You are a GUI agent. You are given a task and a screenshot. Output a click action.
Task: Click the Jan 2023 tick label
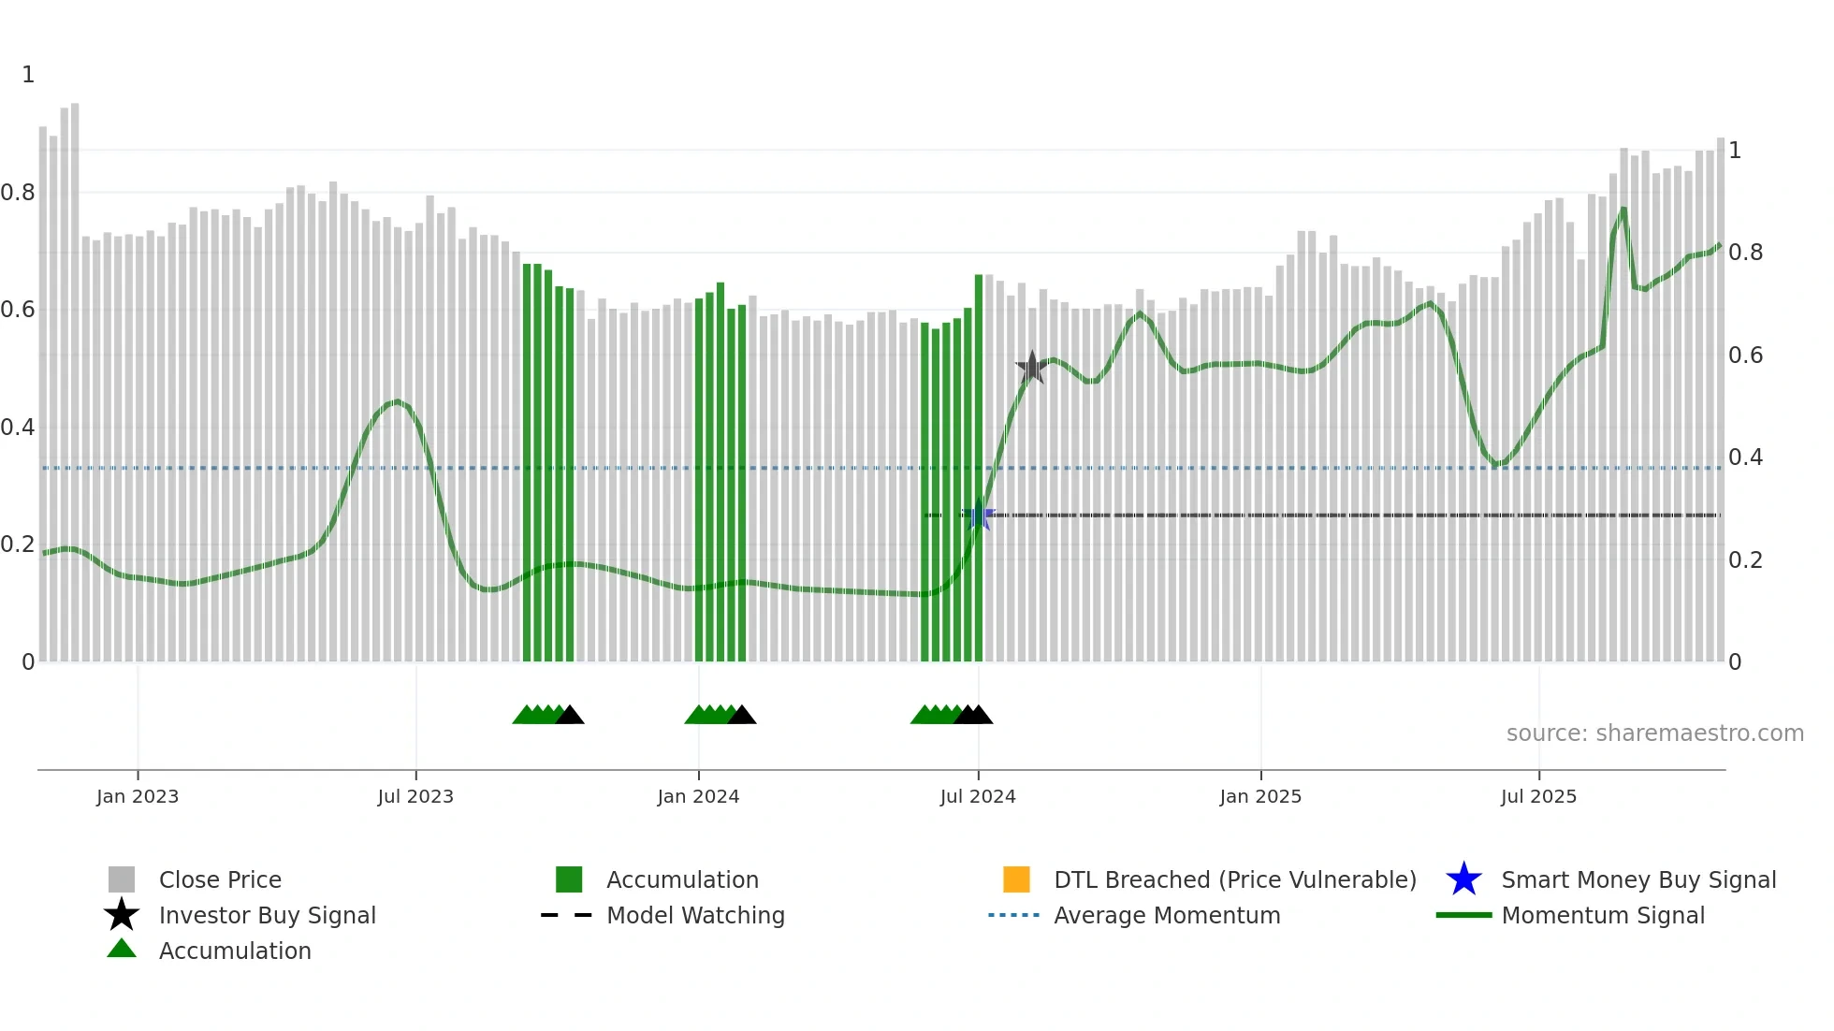click(x=138, y=796)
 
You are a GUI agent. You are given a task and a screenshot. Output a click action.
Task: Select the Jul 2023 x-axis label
click(x=415, y=796)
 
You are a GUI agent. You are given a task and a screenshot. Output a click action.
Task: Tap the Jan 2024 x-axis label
click(x=698, y=796)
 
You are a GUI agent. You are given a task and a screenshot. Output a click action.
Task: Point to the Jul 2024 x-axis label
click(x=978, y=796)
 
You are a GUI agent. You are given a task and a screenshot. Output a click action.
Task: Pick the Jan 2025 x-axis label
click(x=1260, y=796)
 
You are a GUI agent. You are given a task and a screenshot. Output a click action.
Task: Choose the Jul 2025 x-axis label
click(x=1538, y=796)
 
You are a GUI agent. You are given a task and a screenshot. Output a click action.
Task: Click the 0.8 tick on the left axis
click(x=18, y=193)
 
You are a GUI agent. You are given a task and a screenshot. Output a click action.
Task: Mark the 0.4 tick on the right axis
click(x=1745, y=457)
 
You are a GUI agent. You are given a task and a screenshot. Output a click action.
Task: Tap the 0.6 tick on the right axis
click(x=1745, y=356)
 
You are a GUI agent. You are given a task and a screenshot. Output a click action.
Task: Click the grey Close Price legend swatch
click(x=122, y=879)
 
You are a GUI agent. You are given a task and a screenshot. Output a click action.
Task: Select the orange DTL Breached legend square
click(x=1016, y=879)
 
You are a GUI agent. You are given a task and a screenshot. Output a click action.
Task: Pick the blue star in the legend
click(x=1463, y=879)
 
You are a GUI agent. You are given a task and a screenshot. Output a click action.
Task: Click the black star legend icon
click(x=122, y=915)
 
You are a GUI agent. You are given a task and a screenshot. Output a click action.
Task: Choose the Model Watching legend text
click(x=695, y=915)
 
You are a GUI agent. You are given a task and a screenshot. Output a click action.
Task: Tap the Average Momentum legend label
click(x=1167, y=915)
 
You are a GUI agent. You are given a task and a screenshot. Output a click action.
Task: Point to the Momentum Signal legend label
click(x=1603, y=915)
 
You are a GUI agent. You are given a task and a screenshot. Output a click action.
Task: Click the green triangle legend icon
click(x=122, y=949)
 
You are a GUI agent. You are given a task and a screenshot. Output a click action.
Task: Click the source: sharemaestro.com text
click(x=1654, y=733)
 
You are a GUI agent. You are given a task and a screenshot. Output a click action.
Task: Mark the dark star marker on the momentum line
click(x=1031, y=368)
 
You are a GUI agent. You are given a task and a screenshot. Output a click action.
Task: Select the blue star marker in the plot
click(x=979, y=515)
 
